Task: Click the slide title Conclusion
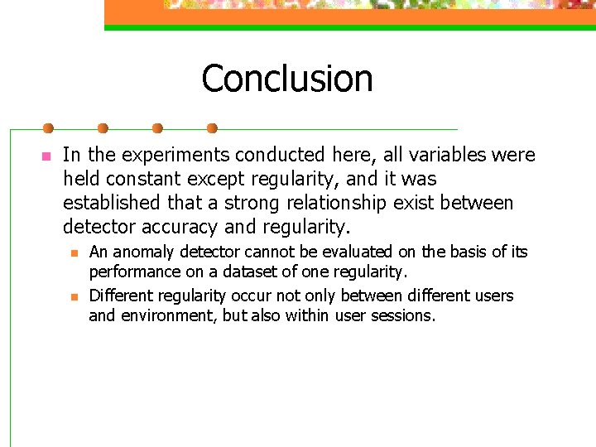tap(286, 79)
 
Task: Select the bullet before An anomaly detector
tap(74, 252)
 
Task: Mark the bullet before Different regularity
tap(74, 296)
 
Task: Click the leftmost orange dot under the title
tap(48, 128)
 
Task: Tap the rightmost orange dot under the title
tap(212, 128)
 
